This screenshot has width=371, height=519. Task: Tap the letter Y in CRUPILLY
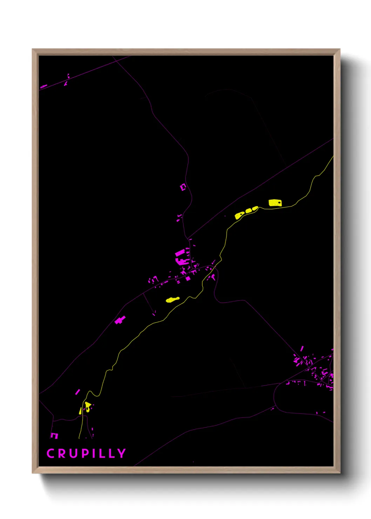pyautogui.click(x=121, y=453)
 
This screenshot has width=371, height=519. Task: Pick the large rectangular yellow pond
pyautogui.click(x=275, y=203)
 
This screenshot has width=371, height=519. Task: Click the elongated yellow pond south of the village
pyautogui.click(x=173, y=299)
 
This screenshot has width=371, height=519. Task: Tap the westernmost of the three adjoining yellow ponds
pyautogui.click(x=240, y=215)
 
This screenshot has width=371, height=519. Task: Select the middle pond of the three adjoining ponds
pyautogui.click(x=249, y=211)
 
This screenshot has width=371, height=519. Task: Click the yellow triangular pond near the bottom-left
pyautogui.click(x=87, y=406)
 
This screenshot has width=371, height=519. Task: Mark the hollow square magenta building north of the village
pyautogui.click(x=183, y=187)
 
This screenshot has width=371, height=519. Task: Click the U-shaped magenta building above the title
pyautogui.click(x=54, y=436)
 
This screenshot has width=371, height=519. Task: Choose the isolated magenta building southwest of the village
pyautogui.click(x=120, y=320)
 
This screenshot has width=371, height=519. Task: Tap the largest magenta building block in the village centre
pyautogui.click(x=180, y=253)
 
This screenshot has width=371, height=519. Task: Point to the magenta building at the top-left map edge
pyautogui.click(x=43, y=86)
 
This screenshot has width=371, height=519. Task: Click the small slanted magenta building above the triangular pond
pyautogui.click(x=77, y=392)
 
